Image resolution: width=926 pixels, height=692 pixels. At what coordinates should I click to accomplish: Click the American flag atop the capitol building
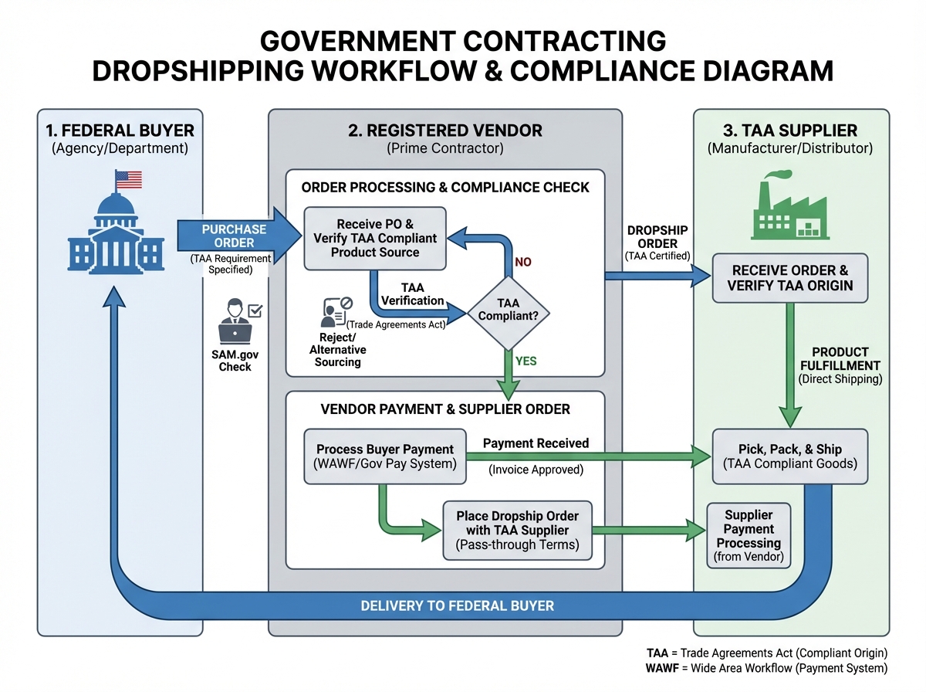point(130,179)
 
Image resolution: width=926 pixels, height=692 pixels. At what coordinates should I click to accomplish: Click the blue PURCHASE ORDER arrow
point(236,236)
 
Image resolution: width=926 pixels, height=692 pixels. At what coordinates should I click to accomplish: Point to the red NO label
point(522,262)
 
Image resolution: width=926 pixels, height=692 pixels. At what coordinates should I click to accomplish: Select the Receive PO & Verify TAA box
point(375,238)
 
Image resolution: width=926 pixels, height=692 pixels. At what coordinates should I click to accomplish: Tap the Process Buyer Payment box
point(385,456)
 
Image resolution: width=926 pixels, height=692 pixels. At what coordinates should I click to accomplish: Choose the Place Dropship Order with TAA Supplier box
point(517,531)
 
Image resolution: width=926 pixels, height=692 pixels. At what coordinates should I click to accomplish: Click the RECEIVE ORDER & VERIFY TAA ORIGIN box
point(789,278)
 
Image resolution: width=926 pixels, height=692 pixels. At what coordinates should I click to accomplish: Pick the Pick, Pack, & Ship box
point(788,456)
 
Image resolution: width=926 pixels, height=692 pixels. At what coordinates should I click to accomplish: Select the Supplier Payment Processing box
point(748,535)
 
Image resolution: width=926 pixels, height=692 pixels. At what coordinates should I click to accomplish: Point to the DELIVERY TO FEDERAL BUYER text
point(457,605)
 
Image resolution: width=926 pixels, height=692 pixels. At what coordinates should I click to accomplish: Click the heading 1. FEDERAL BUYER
point(119,131)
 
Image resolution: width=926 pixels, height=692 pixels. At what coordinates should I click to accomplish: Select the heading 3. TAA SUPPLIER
point(790,131)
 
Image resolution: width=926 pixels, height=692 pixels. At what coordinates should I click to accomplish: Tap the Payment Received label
point(536,443)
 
